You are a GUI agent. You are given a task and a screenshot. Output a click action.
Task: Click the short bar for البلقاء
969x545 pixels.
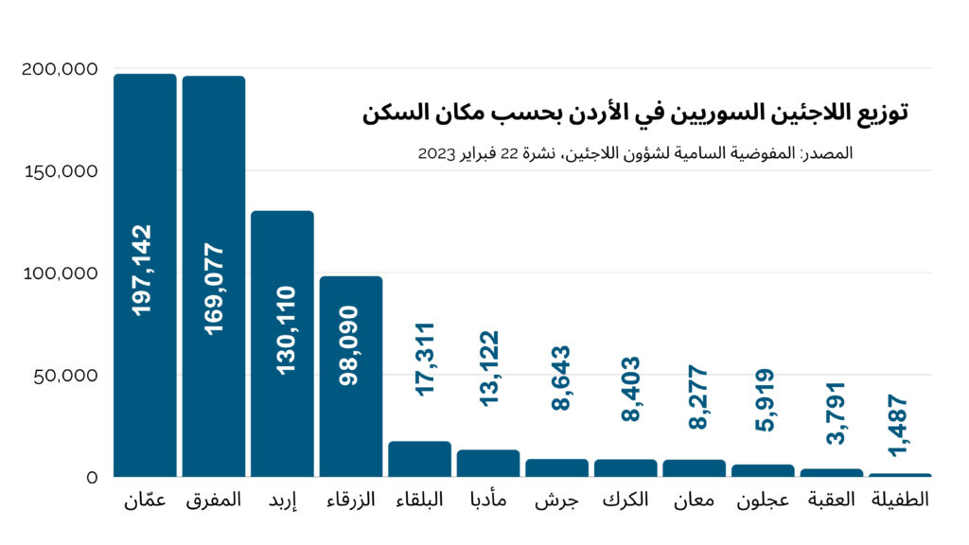(x=419, y=460)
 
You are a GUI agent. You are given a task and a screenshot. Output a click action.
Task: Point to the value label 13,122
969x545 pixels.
(x=488, y=368)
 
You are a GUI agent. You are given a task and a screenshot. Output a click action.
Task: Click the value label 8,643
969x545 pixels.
(x=557, y=378)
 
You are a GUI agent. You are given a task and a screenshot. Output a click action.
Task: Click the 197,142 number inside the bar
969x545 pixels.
(x=145, y=270)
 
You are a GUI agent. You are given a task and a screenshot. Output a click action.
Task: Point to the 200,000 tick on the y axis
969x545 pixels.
(x=59, y=69)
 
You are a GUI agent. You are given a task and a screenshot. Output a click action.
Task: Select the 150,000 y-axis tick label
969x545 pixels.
(x=59, y=171)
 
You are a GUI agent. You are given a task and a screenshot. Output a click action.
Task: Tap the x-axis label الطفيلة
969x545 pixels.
(x=899, y=500)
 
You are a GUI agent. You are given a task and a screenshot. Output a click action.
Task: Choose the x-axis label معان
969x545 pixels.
(x=694, y=501)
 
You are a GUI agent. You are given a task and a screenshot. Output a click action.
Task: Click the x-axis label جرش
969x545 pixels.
(x=556, y=501)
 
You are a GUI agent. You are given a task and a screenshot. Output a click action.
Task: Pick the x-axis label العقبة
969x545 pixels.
(x=831, y=500)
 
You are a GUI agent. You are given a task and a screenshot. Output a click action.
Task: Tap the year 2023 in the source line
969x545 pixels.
(x=438, y=152)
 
